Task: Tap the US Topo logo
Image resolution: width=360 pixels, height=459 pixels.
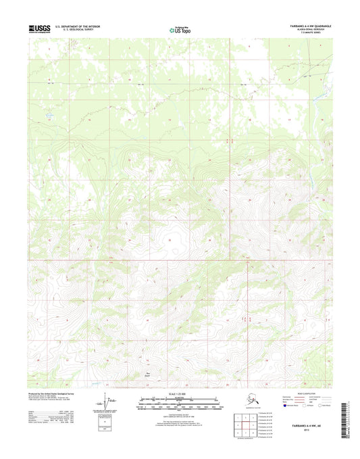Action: click(x=179, y=29)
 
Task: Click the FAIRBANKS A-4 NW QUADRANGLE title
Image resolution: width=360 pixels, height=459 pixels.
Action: click(x=301, y=24)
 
